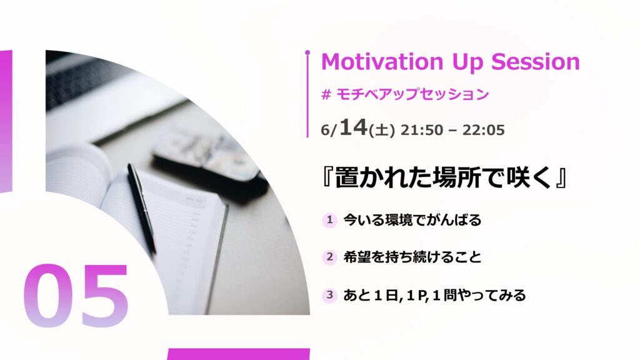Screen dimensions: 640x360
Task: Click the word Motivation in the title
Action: coord(382,62)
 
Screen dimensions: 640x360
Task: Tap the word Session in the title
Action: coord(536,62)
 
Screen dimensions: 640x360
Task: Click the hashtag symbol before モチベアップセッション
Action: coord(326,95)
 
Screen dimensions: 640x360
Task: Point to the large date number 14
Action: coord(354,127)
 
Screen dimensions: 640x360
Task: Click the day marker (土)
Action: coord(382,130)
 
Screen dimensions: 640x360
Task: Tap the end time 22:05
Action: coord(484,130)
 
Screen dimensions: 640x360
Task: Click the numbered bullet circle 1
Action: coord(329,220)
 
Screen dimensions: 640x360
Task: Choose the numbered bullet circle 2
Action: coord(329,257)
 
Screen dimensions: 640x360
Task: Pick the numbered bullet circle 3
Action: coord(329,295)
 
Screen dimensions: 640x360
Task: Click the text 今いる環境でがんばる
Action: coord(412,220)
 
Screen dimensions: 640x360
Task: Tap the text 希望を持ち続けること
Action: coord(412,257)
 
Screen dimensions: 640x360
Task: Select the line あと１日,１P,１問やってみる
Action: coord(434,295)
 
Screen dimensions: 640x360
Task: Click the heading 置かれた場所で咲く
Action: coord(444,178)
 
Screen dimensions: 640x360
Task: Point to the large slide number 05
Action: coord(76,296)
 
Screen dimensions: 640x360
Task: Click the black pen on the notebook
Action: coord(141,208)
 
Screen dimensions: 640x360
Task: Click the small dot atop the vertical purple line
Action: coord(307,52)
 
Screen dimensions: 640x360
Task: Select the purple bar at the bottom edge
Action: coord(238,354)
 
